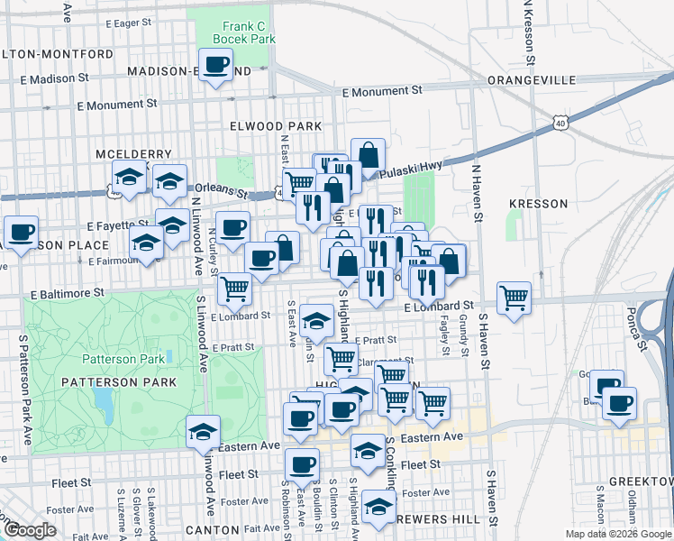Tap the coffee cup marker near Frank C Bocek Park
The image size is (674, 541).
(215, 65)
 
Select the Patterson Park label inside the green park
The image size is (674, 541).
(123, 358)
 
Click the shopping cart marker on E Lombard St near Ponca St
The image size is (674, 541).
(513, 297)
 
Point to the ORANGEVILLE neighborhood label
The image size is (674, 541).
(531, 80)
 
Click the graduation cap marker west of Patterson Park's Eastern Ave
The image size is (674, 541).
(204, 432)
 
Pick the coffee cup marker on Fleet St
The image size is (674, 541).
(302, 465)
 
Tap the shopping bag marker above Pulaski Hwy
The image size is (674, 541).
(368, 154)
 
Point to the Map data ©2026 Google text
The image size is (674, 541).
(617, 534)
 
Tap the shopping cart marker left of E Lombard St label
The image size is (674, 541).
(234, 289)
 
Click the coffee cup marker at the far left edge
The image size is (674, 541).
(21, 232)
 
